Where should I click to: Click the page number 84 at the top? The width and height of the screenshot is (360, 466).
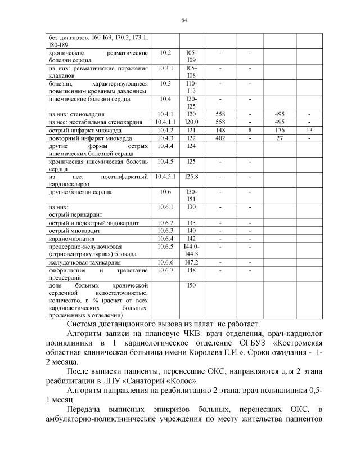click(183, 21)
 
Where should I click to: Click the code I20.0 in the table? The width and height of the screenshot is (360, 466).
click(191, 122)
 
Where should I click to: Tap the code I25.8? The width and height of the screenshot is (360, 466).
click(191, 176)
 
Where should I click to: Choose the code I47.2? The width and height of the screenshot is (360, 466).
click(191, 263)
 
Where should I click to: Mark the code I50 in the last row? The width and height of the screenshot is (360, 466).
click(191, 286)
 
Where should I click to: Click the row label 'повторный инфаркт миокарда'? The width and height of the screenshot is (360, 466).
click(90, 137)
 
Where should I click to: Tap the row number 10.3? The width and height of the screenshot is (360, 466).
click(165, 83)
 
